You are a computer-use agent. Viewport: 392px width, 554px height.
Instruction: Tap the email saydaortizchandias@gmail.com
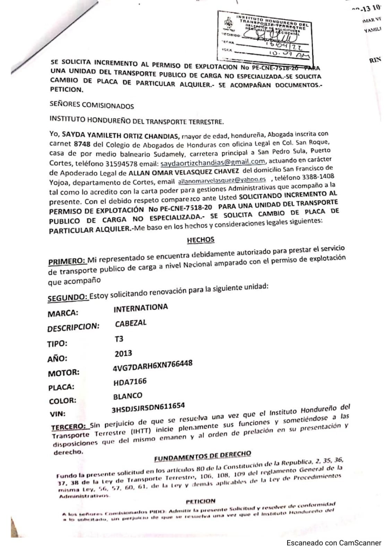213,161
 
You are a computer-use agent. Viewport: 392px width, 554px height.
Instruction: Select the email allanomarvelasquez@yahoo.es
222,180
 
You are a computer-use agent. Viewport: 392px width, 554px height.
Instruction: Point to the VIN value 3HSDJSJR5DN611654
148,408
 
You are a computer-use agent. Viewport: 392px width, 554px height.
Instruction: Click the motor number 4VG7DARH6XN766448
153,366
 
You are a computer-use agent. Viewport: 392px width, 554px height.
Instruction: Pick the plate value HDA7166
130,382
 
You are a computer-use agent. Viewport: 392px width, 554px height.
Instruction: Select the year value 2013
123,354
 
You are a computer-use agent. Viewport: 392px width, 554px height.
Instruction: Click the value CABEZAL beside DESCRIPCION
131,323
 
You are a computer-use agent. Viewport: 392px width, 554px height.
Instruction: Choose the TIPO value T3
119,339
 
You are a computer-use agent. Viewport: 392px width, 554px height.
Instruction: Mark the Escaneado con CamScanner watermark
334,543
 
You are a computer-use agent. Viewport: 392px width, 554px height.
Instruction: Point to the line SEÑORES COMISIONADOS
92,105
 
